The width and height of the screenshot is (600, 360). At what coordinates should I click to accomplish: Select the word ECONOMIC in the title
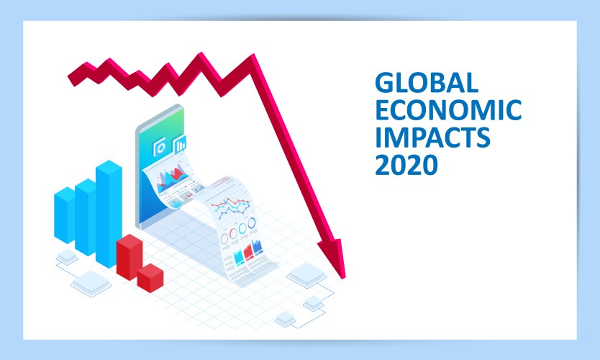tap(447, 111)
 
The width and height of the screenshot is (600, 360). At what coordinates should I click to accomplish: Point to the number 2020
tap(406, 165)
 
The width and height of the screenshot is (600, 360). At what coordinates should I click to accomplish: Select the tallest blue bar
tap(109, 212)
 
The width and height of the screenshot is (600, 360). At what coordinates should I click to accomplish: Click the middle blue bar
tap(86, 216)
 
